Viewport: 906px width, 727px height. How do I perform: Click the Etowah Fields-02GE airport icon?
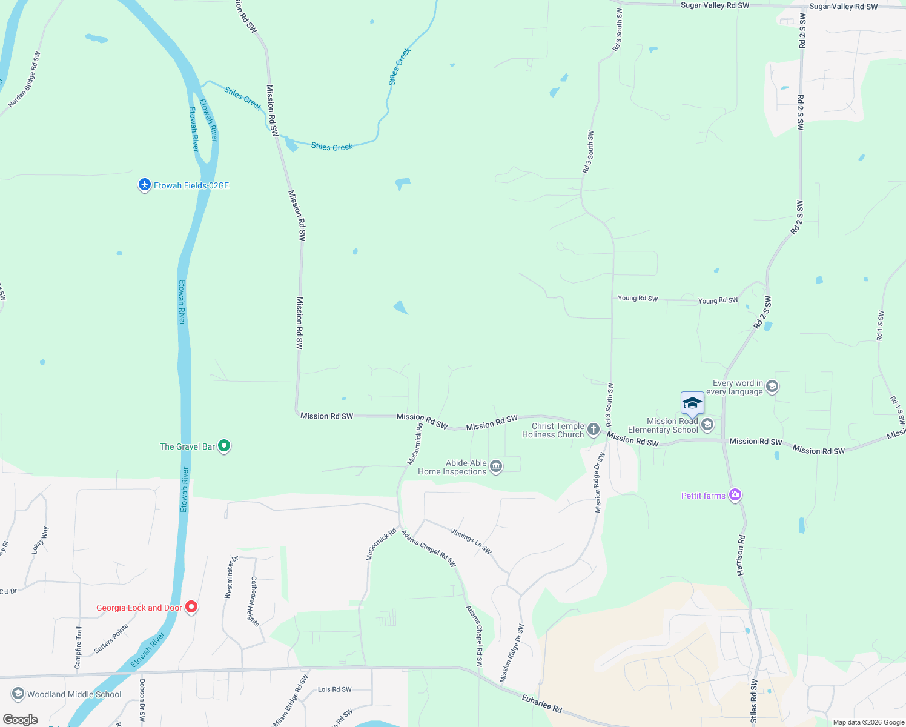click(144, 185)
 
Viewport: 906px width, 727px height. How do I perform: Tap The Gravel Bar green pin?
click(224, 446)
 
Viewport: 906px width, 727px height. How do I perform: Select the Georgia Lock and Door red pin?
click(191, 606)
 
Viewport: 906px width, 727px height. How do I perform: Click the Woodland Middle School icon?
click(18, 694)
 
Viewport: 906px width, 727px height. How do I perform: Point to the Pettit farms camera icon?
click(735, 495)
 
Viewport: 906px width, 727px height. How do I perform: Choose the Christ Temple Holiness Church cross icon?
click(594, 430)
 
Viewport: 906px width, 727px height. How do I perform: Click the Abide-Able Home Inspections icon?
click(496, 466)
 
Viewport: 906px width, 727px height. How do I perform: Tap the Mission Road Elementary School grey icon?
click(707, 425)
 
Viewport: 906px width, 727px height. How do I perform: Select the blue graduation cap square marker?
click(692, 403)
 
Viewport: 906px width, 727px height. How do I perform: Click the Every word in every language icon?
click(772, 387)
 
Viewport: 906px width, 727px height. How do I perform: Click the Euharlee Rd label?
click(542, 704)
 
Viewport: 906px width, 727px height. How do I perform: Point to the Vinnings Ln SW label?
click(471, 541)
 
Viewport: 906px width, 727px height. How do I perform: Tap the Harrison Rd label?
click(741, 554)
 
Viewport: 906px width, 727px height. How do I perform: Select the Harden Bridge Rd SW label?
click(24, 80)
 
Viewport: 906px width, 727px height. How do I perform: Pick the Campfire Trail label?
click(78, 648)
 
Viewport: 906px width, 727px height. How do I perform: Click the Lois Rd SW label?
click(334, 689)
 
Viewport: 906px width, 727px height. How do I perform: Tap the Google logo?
click(20, 720)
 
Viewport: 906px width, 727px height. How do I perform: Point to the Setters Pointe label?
click(111, 639)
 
